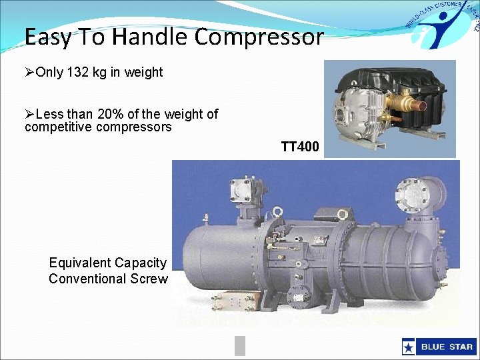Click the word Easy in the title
pos(47,37)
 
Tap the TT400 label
pos(299,147)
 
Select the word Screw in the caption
pos(151,279)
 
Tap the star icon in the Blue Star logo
pos(409,347)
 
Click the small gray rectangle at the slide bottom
pos(240,345)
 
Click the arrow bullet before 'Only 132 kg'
pos(29,72)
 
